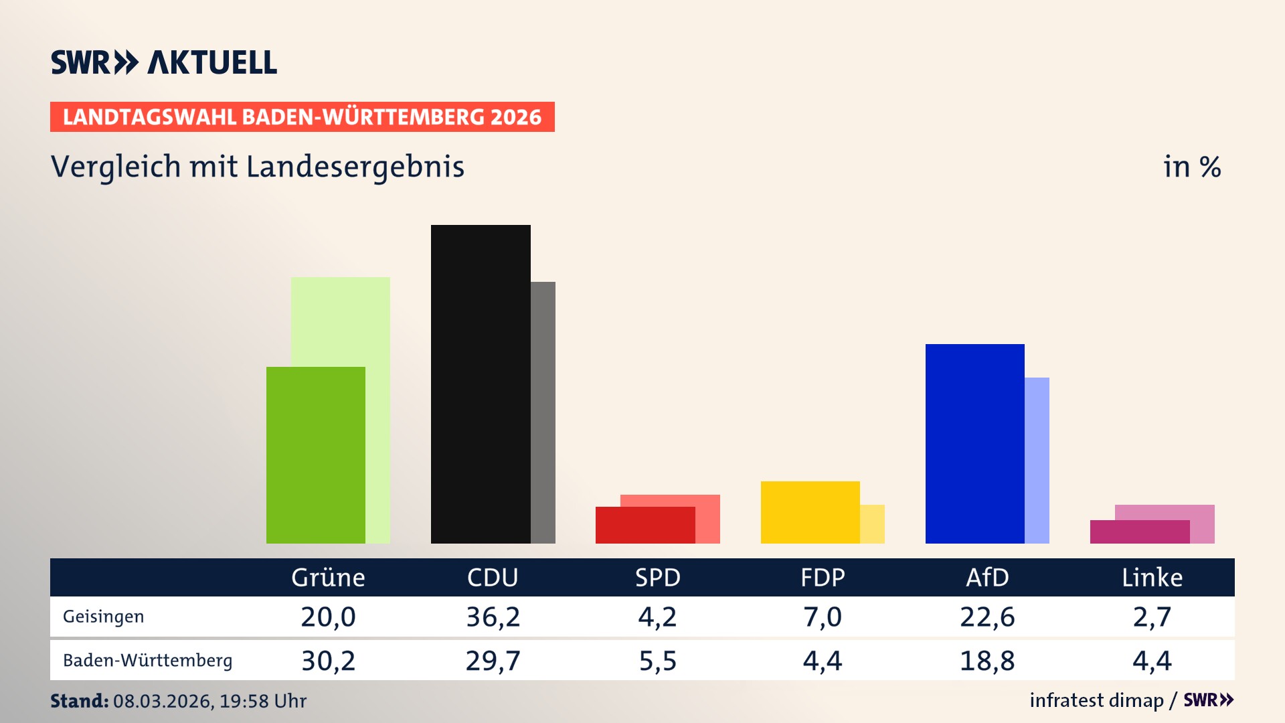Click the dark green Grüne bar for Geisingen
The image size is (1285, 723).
tap(315, 455)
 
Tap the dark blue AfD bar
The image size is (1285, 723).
tap(974, 443)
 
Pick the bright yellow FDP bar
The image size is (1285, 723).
tap(810, 512)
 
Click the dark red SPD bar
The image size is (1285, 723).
tap(645, 526)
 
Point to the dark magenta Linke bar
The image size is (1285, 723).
tap(1139, 532)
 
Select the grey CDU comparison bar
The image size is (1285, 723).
tap(543, 412)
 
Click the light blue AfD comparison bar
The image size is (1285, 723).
tap(1037, 460)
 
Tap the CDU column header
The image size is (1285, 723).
tap(493, 578)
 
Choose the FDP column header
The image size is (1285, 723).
tap(823, 578)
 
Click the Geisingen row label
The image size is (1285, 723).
tap(103, 617)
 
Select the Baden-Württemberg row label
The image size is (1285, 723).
tap(147, 661)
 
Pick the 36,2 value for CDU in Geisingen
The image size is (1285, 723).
tap(493, 617)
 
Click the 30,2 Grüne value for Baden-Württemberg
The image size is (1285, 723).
tap(328, 661)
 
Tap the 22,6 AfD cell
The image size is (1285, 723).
tap(987, 617)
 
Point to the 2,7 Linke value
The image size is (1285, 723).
tap(1152, 617)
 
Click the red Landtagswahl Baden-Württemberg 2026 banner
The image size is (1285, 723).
tap(302, 117)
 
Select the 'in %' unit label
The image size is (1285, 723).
tap(1192, 167)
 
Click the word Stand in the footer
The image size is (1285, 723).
tap(79, 701)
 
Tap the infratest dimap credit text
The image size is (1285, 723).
tap(1096, 700)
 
